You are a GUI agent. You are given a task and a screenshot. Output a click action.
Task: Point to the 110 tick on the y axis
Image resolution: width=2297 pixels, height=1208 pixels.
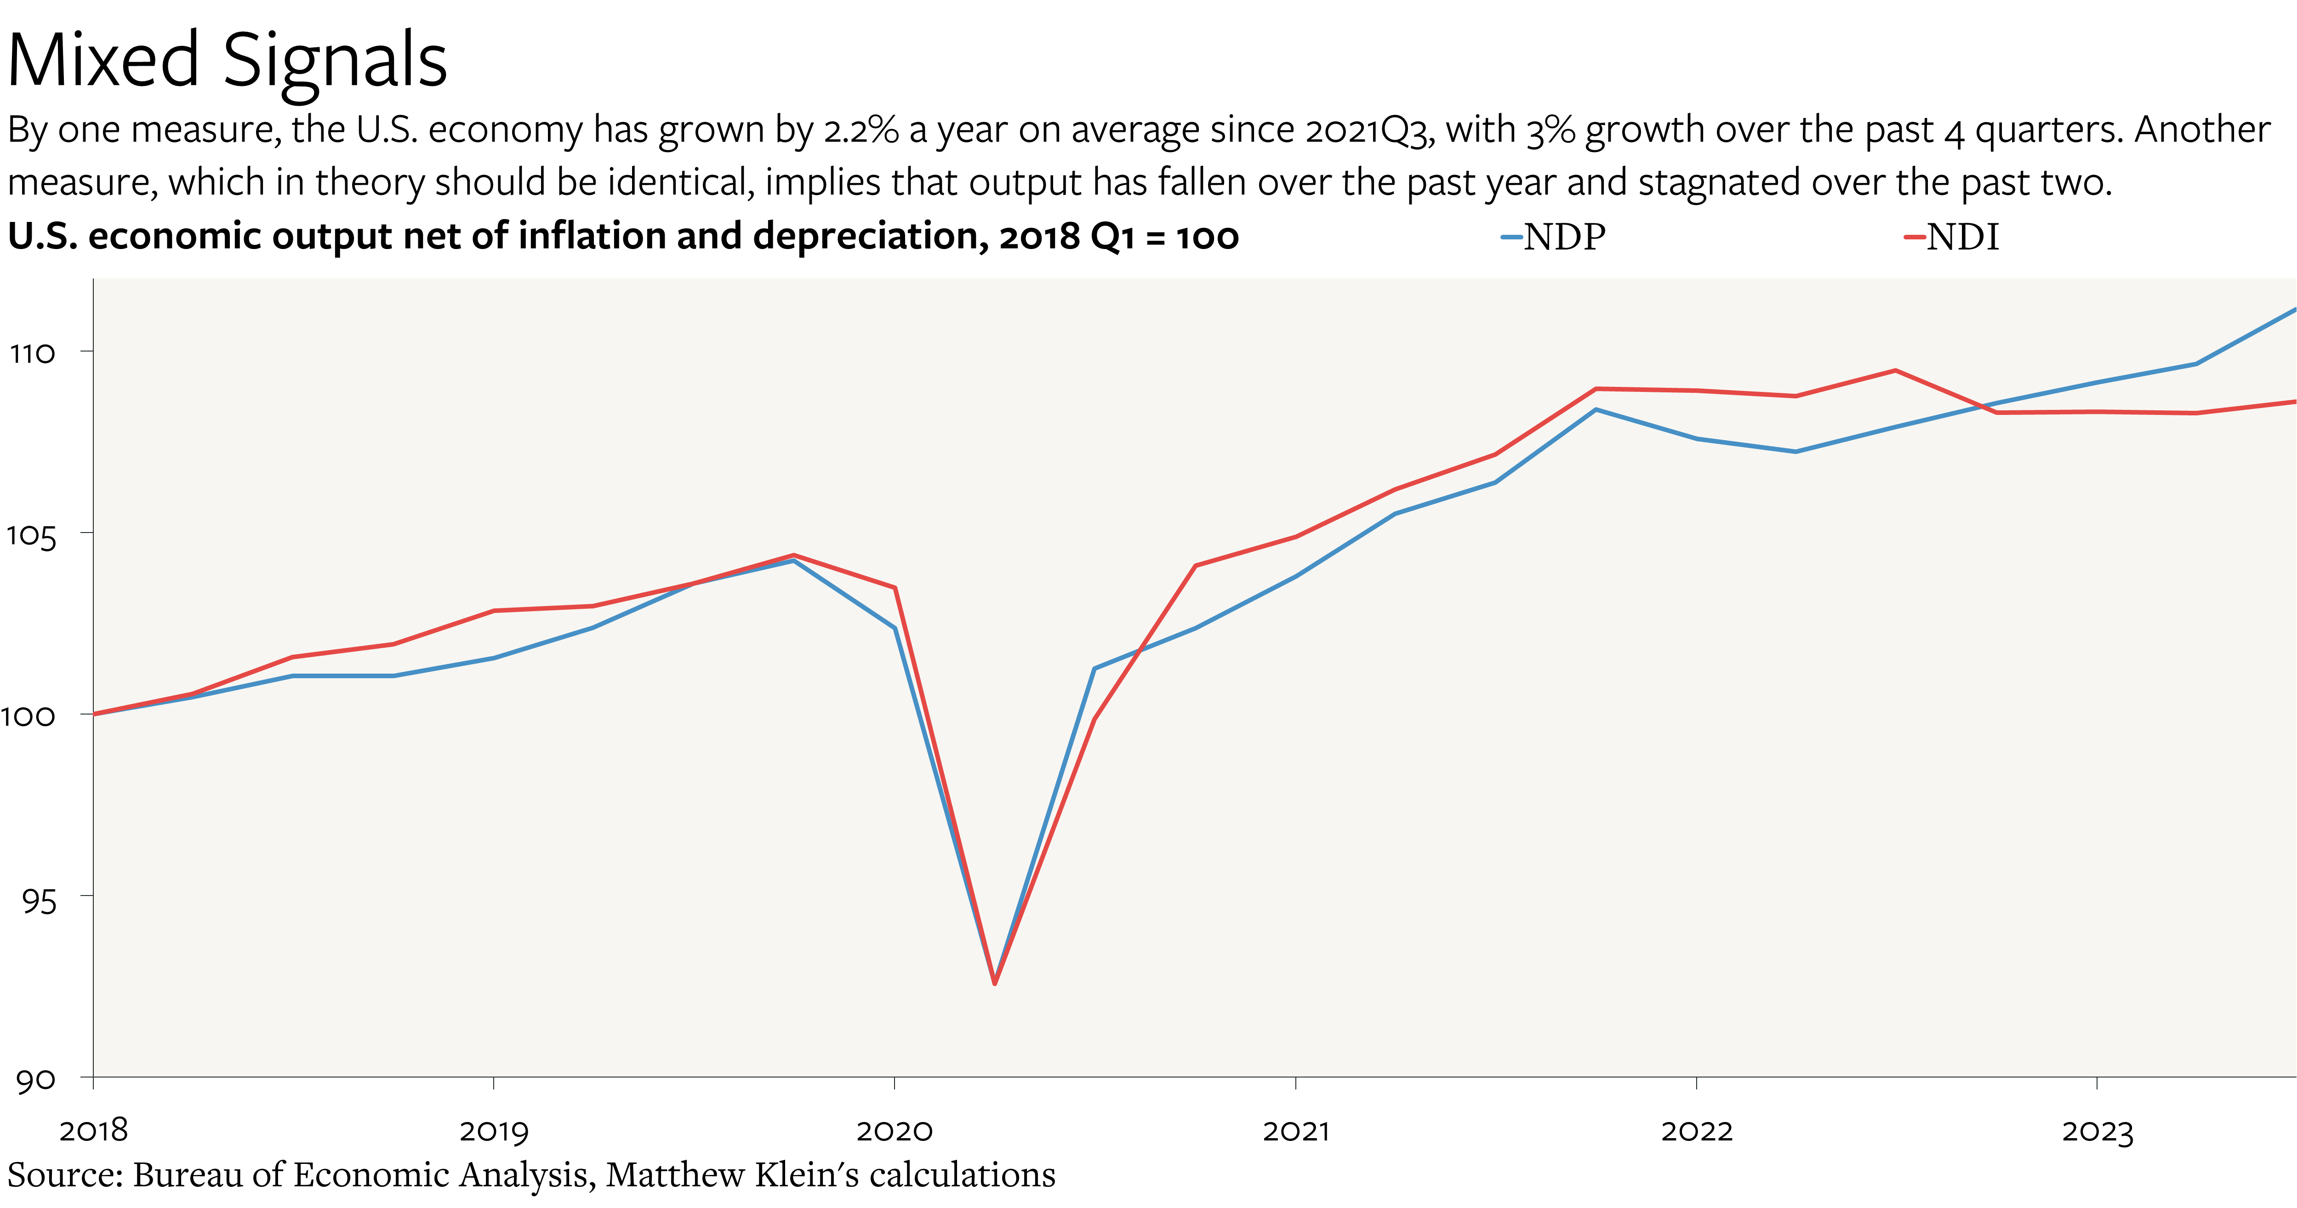[x=32, y=353]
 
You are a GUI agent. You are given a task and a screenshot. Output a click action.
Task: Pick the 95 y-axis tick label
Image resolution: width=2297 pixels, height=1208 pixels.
[x=38, y=901]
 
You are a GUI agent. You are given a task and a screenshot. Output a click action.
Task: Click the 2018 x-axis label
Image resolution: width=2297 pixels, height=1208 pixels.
[x=94, y=1130]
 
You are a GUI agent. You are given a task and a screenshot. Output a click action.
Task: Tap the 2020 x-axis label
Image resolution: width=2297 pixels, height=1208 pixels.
[x=895, y=1130]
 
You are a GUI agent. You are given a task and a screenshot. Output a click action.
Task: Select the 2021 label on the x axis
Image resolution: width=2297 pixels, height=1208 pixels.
[x=1296, y=1130]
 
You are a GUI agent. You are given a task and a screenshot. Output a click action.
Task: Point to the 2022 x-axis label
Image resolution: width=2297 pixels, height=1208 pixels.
[x=1696, y=1130]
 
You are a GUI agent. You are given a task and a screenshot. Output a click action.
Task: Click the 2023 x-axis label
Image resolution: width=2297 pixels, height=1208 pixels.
[x=2097, y=1130]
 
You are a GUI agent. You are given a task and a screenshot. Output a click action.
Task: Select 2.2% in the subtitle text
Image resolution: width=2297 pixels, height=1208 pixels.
[x=861, y=130]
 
